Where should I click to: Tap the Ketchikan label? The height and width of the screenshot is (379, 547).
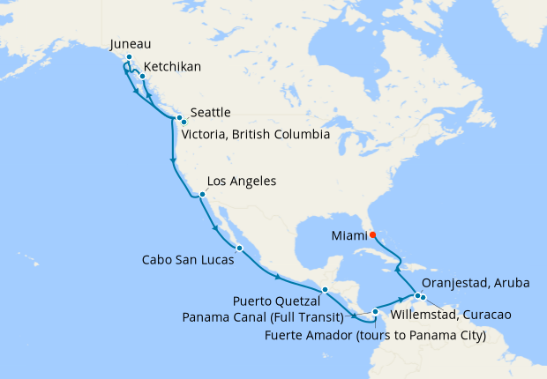172,66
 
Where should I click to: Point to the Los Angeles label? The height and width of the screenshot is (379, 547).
242,182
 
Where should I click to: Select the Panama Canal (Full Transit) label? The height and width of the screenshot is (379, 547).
262,315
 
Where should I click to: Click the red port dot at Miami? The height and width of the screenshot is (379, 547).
372,234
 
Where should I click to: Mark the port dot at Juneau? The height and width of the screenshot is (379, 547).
129,57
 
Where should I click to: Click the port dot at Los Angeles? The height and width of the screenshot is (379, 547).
202,195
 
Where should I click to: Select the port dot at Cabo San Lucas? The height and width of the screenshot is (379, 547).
238,248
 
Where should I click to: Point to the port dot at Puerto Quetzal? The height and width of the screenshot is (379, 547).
325,289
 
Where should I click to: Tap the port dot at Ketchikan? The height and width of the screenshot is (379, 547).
142,77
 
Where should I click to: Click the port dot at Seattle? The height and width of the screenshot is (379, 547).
179,117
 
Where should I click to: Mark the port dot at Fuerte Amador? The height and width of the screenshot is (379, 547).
375,311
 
